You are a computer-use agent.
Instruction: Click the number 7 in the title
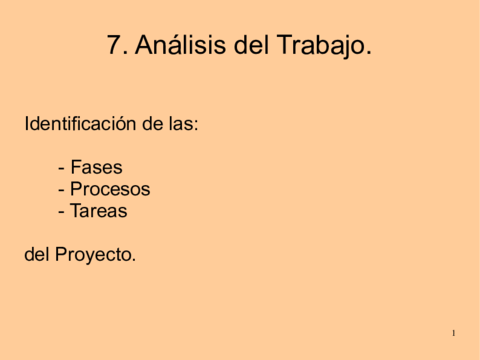click(x=114, y=45)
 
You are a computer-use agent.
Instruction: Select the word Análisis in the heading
click(x=172, y=45)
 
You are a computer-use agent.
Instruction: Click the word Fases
click(x=96, y=167)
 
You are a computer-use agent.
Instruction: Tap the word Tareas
click(x=99, y=211)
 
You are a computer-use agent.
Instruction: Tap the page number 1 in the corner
click(x=453, y=332)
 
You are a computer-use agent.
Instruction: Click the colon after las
click(x=196, y=127)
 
